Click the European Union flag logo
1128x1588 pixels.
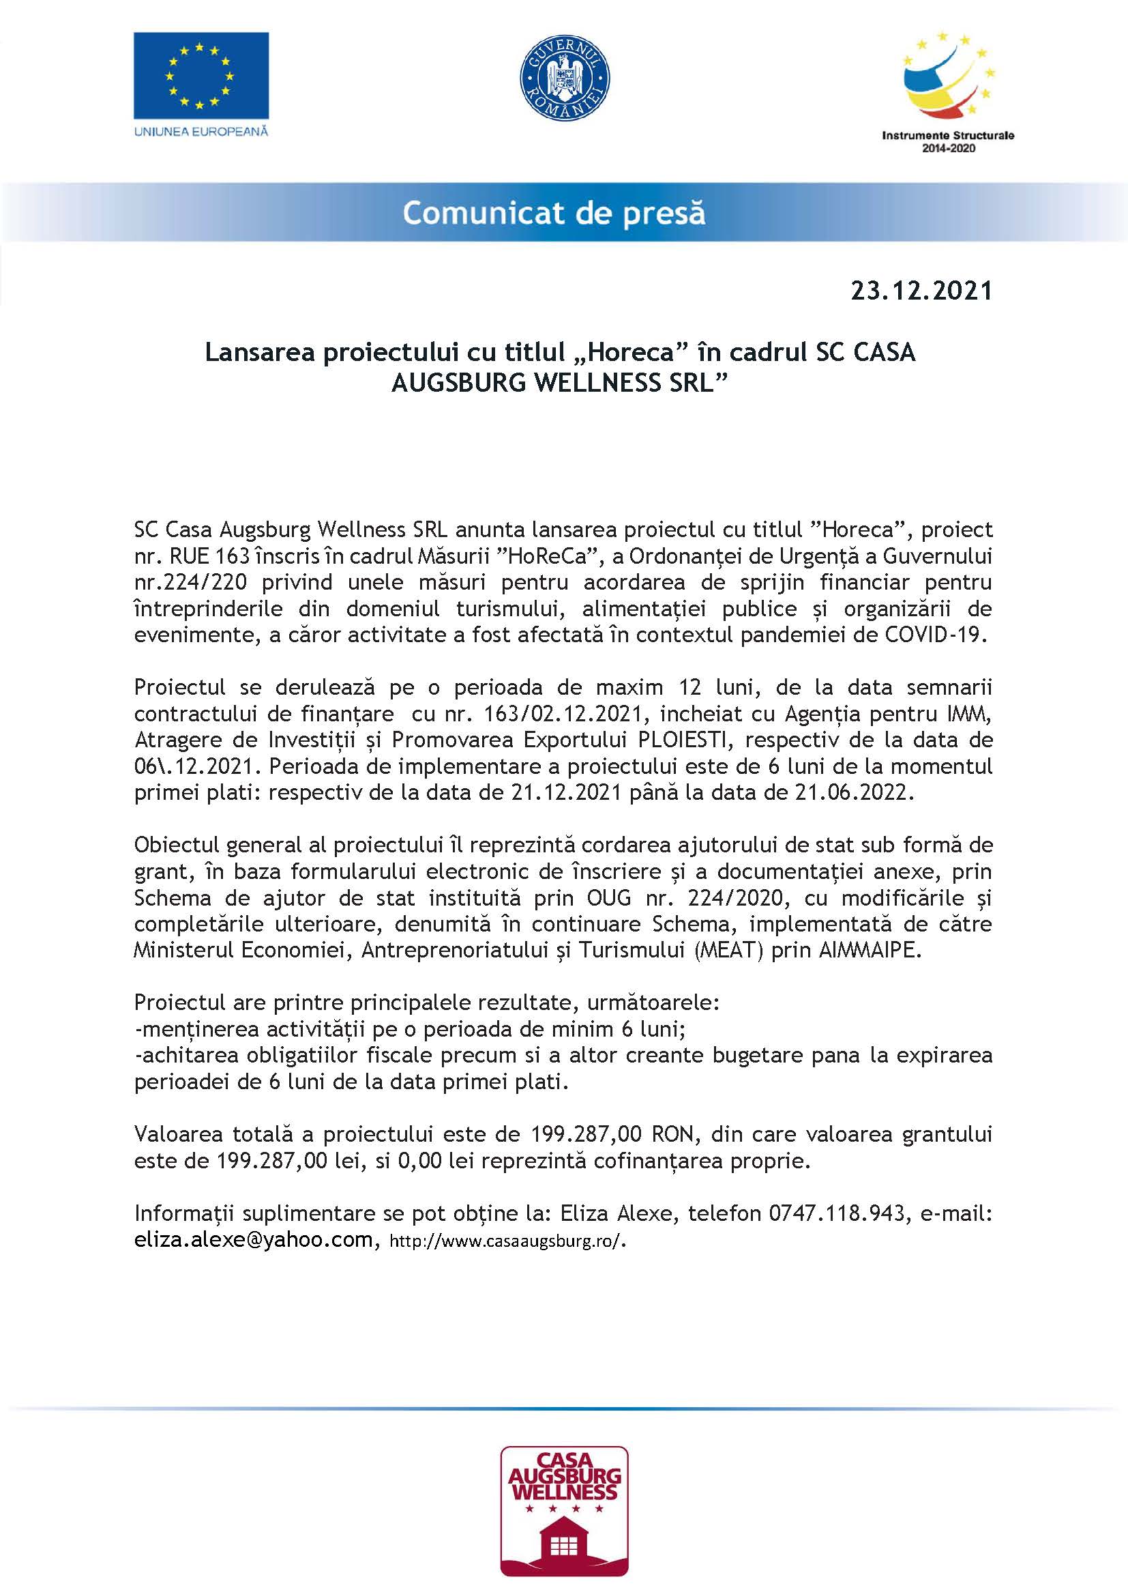point(201,75)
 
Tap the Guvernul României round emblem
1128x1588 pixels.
point(564,78)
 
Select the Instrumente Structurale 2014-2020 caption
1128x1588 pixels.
point(947,141)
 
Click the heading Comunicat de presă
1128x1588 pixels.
point(554,213)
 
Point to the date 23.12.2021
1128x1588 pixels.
point(922,291)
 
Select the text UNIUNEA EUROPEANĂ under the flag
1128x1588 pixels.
point(201,131)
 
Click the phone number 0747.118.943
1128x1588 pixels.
point(837,1213)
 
